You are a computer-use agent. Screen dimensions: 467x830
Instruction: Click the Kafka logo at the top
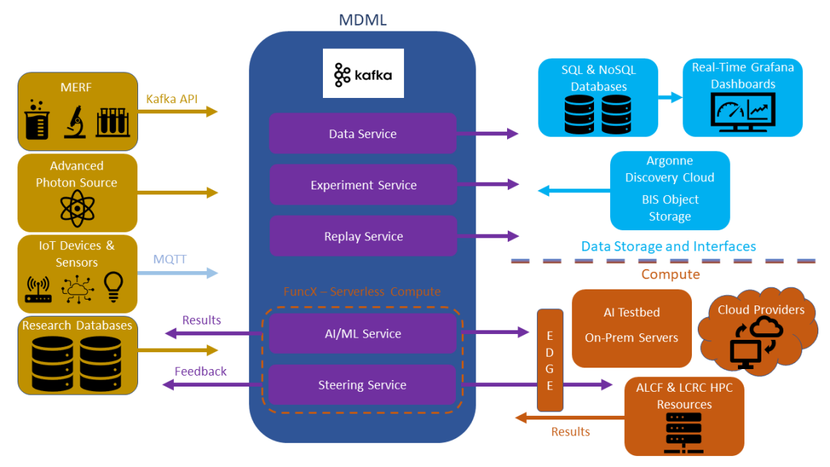[363, 74]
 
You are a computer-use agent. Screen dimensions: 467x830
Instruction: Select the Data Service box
[362, 134]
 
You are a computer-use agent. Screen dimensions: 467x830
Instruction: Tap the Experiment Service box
[362, 185]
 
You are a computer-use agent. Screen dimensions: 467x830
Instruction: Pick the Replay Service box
[362, 236]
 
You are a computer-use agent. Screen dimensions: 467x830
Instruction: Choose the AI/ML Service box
[362, 333]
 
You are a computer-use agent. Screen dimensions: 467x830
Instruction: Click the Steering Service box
[362, 385]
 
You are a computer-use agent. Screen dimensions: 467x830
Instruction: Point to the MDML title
[362, 20]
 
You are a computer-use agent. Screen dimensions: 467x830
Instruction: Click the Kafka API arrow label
[172, 99]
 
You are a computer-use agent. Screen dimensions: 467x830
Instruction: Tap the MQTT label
[170, 259]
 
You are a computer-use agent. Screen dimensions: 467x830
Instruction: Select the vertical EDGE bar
[549, 360]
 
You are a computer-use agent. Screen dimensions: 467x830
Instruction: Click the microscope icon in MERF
[75, 122]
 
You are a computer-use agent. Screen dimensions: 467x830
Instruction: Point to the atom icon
[77, 210]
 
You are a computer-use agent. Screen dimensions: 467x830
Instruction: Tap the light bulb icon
[113, 287]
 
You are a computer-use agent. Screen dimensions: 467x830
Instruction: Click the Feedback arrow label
[200, 371]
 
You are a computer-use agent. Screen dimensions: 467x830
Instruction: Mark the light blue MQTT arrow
[178, 273]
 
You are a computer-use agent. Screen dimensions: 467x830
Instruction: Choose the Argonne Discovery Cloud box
[669, 189]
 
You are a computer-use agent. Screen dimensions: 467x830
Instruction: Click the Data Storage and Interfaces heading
[668, 246]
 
